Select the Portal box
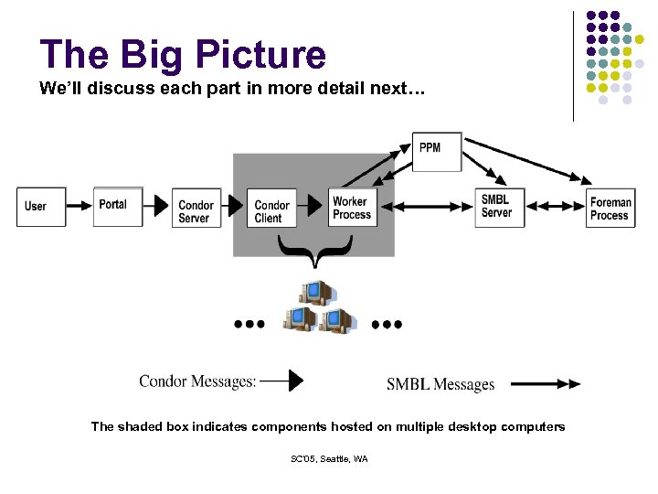(x=118, y=206)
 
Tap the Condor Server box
(x=196, y=211)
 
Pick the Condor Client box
(x=273, y=211)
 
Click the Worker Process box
(x=352, y=208)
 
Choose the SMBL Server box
(x=499, y=207)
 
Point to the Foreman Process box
(x=610, y=209)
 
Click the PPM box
(x=436, y=149)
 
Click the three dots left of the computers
(x=249, y=324)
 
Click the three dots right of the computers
(x=387, y=324)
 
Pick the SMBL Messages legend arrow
(x=545, y=384)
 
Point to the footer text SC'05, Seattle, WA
(x=328, y=459)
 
